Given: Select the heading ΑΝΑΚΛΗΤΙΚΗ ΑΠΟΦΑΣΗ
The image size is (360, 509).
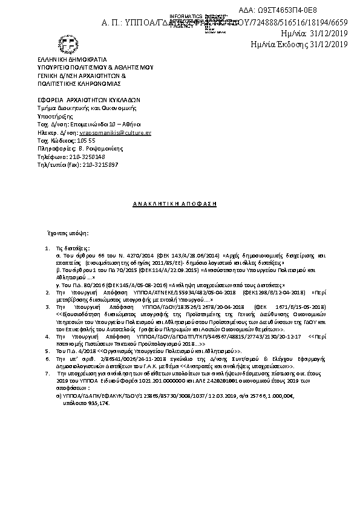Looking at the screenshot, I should [x=175, y=204].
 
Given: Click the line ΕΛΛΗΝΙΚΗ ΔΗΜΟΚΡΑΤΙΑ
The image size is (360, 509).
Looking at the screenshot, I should [x=71, y=60].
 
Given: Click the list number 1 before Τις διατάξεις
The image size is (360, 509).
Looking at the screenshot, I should [x=48, y=248].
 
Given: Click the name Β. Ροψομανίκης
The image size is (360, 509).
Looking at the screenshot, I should [x=97, y=148].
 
